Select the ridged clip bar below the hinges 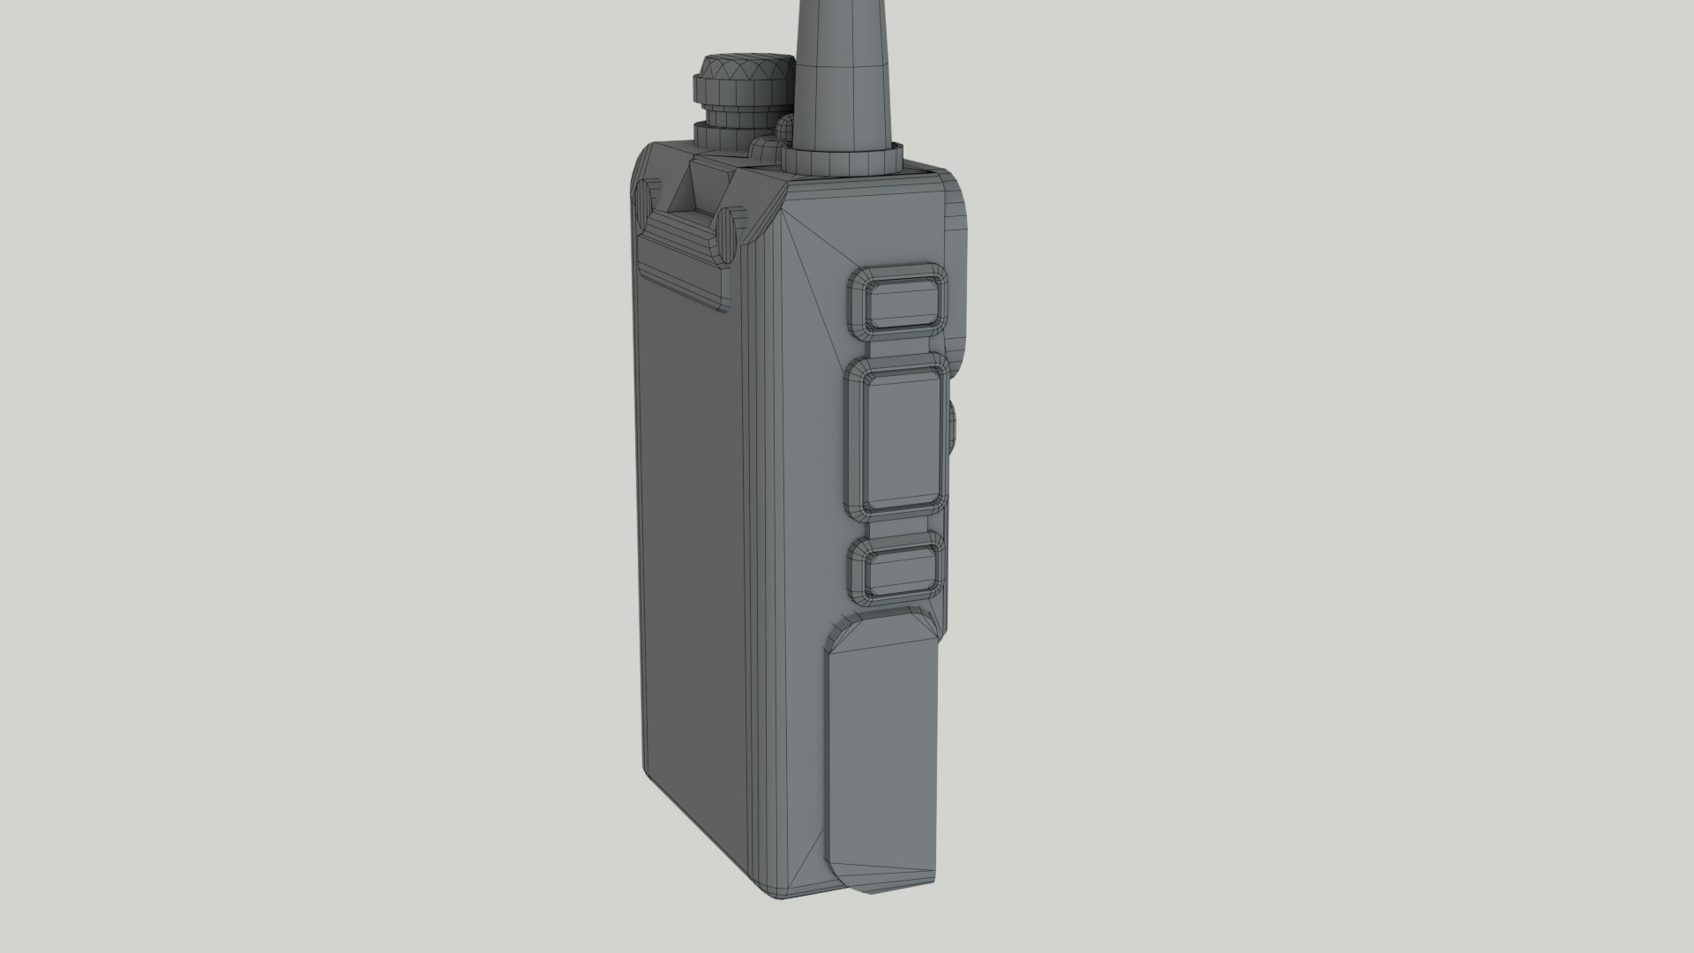684,269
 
